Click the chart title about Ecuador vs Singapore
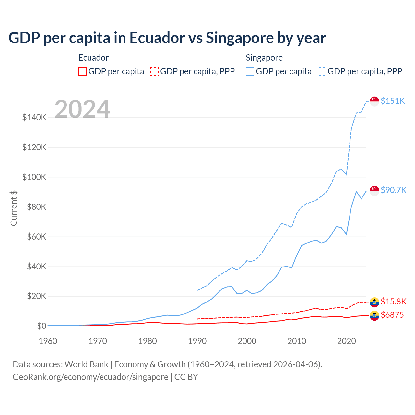click(167, 38)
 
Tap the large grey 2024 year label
click(82, 109)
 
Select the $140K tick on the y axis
click(34, 117)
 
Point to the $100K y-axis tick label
click(34, 177)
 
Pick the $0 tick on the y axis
click(41, 326)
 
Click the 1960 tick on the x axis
click(48, 341)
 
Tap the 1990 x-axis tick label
click(197, 341)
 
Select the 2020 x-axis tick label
click(347, 341)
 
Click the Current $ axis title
click(14, 208)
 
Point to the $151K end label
click(393, 101)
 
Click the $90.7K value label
click(393, 190)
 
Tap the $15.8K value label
click(393, 302)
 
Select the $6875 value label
click(392, 315)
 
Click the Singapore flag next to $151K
click(374, 101)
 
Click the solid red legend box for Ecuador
click(83, 71)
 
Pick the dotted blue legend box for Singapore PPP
click(322, 71)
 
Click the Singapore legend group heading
click(264, 58)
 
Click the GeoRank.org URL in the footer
click(90, 377)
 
